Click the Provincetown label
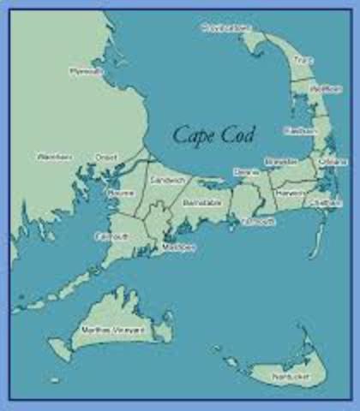point(225,29)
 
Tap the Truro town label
point(299,60)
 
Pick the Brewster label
point(281,161)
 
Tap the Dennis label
point(246,172)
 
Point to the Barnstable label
point(202,203)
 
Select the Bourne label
point(120,195)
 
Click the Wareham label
point(54,157)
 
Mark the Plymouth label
point(86,72)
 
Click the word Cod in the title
point(244,134)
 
